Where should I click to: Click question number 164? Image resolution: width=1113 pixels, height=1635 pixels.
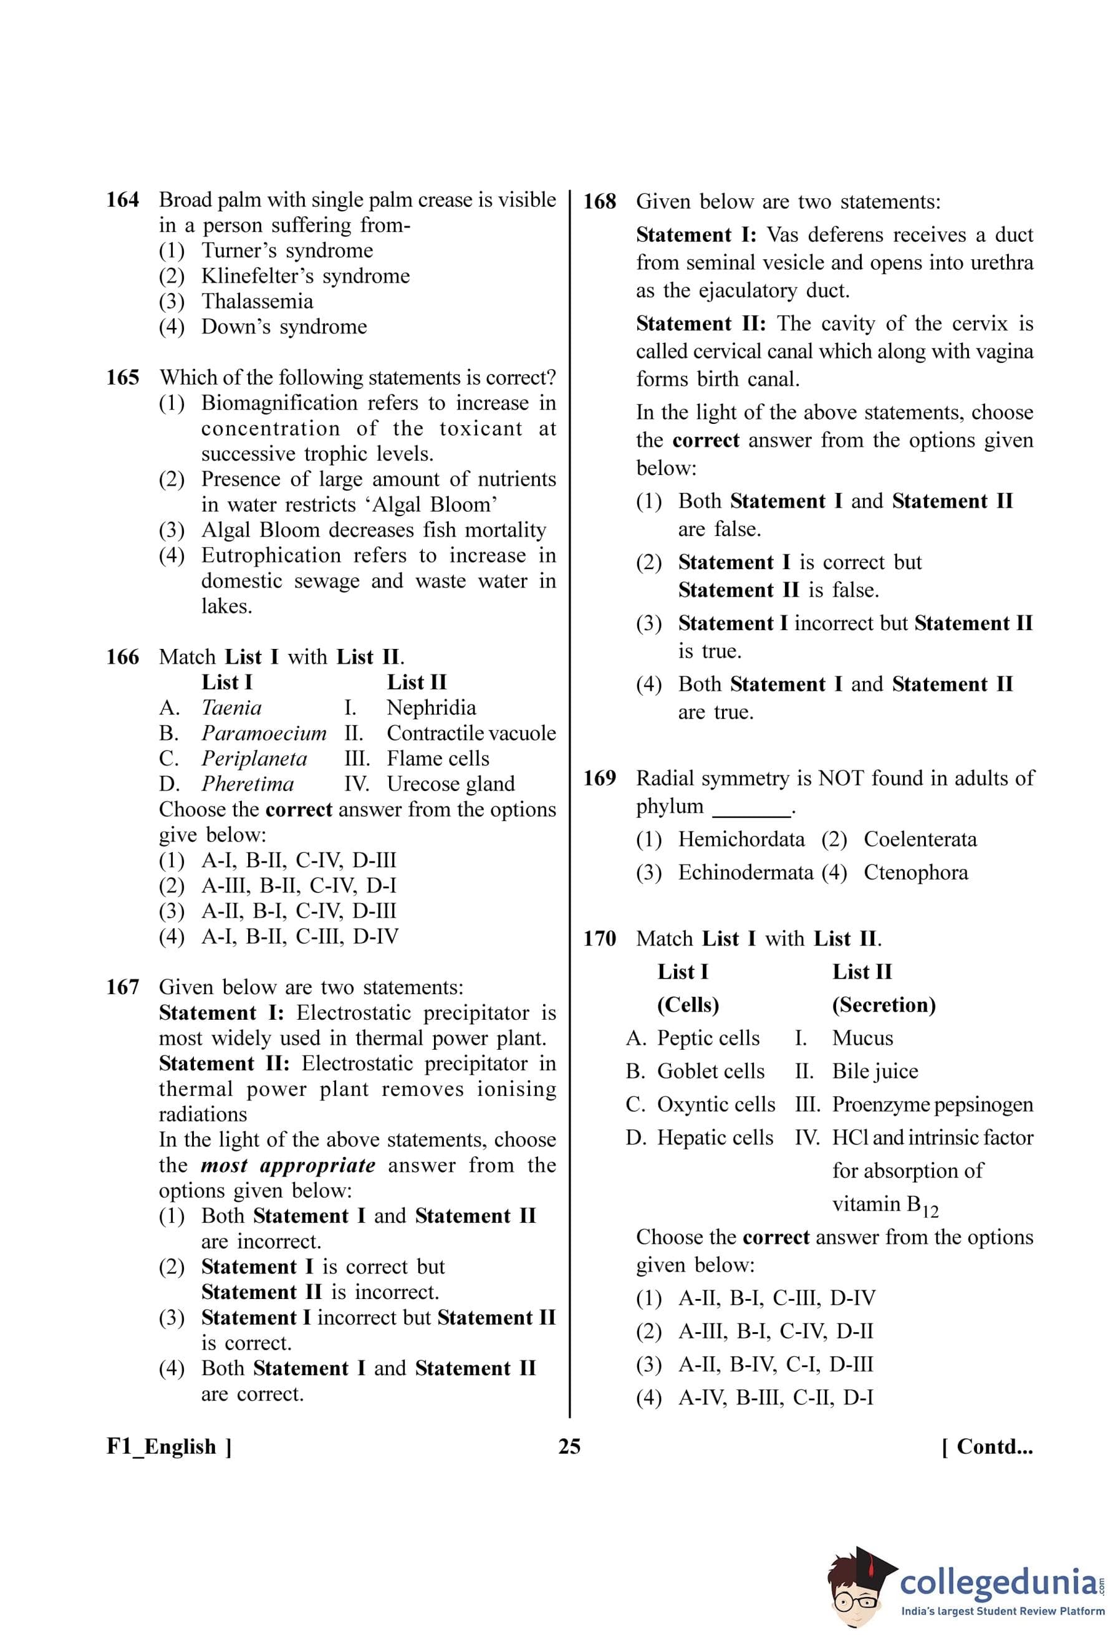coord(122,201)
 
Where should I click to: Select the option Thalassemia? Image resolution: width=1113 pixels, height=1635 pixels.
coord(257,301)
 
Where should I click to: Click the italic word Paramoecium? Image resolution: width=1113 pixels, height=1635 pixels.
coord(264,733)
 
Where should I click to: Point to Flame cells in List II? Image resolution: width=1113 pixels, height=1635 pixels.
coord(438,759)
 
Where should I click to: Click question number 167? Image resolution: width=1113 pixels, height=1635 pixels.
coord(122,987)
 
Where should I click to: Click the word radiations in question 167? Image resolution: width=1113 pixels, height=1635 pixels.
coord(203,1115)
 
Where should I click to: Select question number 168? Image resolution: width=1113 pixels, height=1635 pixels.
coord(599,202)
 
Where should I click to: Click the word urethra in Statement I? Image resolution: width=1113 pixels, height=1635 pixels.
coord(1002,262)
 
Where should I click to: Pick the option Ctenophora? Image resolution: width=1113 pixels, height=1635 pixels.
coord(915,873)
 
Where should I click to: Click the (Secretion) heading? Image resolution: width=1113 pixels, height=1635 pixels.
coord(884,1005)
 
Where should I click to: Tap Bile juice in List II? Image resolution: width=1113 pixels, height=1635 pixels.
coord(875,1071)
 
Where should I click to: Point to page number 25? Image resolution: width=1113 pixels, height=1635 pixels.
coord(569,1447)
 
